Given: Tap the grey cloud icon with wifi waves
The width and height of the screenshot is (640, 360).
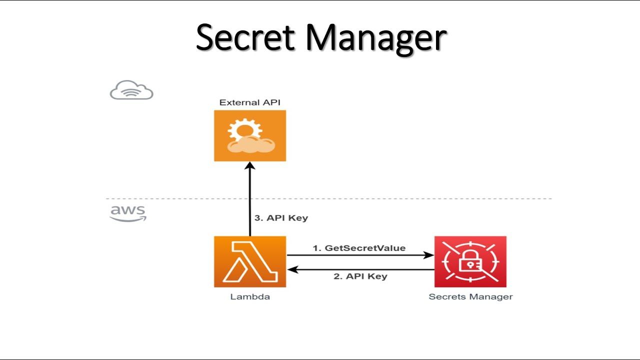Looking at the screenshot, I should (131, 90).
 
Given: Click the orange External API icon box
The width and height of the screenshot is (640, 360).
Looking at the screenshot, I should (250, 135).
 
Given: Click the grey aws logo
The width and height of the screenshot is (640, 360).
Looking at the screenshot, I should (128, 212).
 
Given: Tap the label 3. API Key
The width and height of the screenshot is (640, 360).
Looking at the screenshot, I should (281, 218).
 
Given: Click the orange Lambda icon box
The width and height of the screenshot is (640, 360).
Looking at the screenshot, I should (250, 261).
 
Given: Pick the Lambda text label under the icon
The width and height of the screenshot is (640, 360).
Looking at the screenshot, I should (250, 296).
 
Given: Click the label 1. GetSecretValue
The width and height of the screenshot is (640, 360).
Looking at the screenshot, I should (359, 248).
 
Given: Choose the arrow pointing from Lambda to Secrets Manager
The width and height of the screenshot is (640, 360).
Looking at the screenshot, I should (360, 255).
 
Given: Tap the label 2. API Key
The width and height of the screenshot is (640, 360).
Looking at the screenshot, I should (360, 276).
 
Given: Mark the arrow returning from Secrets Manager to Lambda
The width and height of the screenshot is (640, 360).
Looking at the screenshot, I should (360, 269).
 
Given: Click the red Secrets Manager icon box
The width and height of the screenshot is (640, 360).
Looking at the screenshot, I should (470, 261).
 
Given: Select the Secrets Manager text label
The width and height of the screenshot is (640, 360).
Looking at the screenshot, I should (470, 296).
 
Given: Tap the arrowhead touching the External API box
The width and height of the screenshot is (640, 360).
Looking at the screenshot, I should (250, 166).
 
